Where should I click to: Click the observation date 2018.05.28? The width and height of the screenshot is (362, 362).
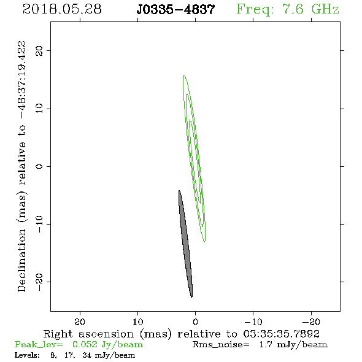click(62, 9)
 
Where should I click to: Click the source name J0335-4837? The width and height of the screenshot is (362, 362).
click(175, 9)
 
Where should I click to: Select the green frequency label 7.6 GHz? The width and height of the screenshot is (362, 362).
click(310, 9)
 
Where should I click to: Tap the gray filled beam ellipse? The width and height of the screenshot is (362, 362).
click(186, 244)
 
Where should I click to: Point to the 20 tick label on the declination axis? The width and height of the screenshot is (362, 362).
click(39, 50)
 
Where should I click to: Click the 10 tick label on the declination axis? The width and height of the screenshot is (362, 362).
click(39, 109)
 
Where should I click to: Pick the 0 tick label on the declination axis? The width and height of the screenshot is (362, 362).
click(39, 166)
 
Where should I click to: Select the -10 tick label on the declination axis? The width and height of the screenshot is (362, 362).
click(39, 224)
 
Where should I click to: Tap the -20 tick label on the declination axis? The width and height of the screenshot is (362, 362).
click(39, 282)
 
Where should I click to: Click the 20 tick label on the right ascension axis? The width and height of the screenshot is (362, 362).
click(80, 322)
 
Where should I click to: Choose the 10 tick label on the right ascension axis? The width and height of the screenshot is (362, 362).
click(138, 322)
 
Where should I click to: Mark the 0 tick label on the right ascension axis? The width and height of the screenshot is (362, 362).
click(196, 322)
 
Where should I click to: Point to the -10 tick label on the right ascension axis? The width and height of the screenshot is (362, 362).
click(253, 322)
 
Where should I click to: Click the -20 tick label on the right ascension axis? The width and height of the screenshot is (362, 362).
click(311, 322)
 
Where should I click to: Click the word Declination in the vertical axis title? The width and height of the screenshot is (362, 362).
click(21, 260)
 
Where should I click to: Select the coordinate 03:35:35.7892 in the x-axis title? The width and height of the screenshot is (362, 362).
click(282, 334)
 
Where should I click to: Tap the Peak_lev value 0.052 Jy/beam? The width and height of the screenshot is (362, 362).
click(107, 345)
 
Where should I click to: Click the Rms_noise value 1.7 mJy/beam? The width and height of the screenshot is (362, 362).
click(293, 345)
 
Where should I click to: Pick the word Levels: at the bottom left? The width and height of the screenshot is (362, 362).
click(27, 355)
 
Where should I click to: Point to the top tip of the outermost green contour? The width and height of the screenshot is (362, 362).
click(184, 75)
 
